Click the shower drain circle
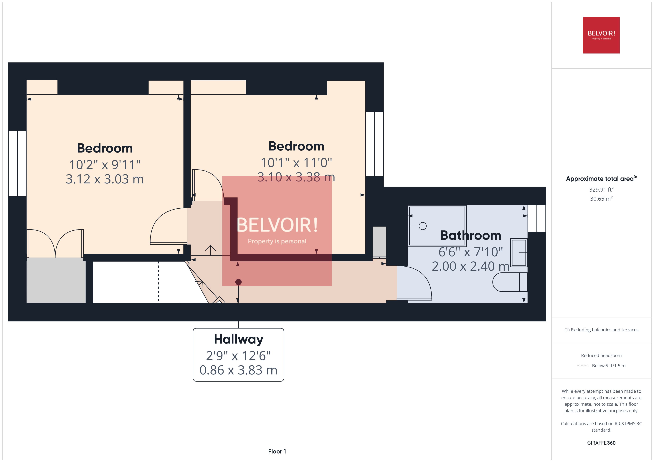coord(423,226)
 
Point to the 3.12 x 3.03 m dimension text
coord(105,179)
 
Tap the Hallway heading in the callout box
coord(238,339)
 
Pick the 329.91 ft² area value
coord(601,190)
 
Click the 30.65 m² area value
coord(601,199)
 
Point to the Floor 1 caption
coord(277,451)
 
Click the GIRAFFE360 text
coord(601,443)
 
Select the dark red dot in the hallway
coord(238,282)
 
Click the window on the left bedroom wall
coord(17,164)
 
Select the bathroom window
coord(537,218)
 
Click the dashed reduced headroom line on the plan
coord(158,282)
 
